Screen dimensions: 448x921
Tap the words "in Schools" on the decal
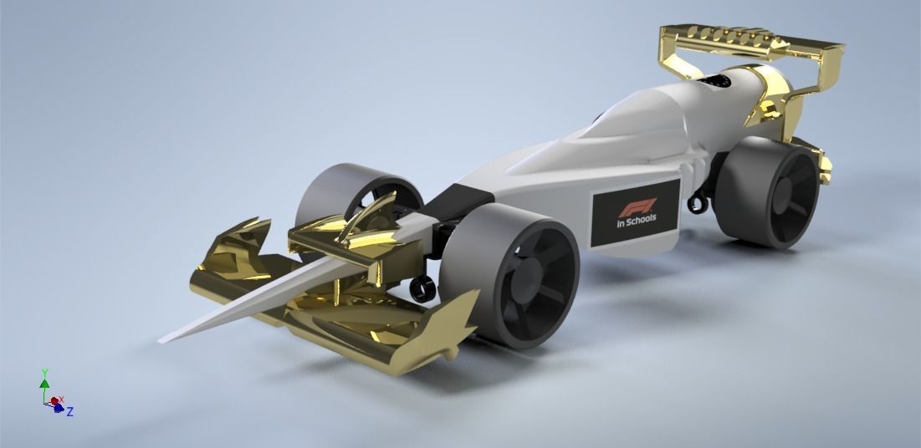[x=637, y=220]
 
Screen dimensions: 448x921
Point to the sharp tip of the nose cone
[x=162, y=339]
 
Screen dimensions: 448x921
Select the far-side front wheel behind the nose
[x=343, y=191]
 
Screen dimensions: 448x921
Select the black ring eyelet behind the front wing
[x=422, y=288]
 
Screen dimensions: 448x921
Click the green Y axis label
[x=44, y=373]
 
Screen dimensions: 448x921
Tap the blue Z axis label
[x=70, y=411]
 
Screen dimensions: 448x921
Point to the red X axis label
[x=61, y=400]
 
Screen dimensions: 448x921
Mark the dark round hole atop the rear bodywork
[x=719, y=80]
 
